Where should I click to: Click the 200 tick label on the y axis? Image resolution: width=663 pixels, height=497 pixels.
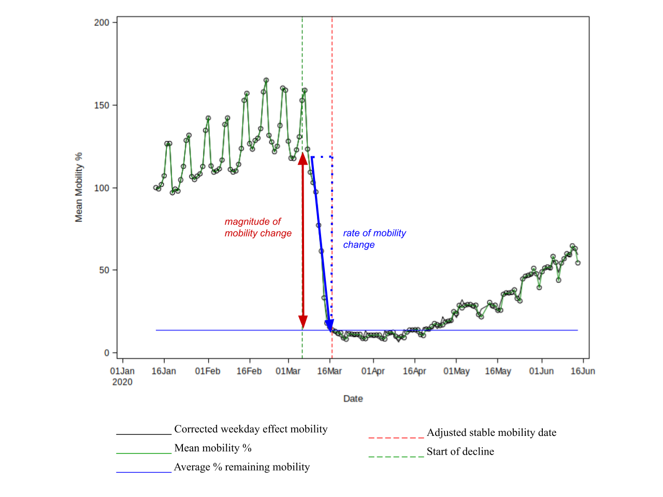[x=102, y=22]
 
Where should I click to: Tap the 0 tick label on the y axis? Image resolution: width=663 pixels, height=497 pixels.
[x=107, y=353]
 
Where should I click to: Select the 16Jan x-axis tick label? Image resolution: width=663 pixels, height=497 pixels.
[x=164, y=371]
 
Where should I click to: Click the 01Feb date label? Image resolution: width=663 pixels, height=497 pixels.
[x=208, y=371]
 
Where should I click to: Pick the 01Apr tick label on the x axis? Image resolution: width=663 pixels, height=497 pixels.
[x=373, y=371]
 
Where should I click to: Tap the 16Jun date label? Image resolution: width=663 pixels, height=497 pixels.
[x=583, y=371]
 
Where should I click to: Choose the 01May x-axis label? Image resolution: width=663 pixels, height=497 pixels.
[x=456, y=371]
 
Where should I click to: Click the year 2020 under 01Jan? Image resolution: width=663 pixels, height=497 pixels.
[x=122, y=382]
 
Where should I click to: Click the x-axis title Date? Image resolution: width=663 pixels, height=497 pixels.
[x=353, y=399]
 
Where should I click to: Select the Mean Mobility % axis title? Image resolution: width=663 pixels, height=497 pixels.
[x=79, y=187]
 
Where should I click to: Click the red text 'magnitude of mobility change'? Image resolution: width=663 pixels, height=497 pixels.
[x=258, y=227]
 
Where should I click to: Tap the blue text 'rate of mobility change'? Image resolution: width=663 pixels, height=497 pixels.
[x=374, y=239]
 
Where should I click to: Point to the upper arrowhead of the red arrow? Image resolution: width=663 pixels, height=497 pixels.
[x=303, y=158]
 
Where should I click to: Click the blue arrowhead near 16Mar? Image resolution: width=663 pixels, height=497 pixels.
[x=329, y=326]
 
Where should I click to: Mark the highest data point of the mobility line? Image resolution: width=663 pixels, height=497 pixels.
[x=266, y=80]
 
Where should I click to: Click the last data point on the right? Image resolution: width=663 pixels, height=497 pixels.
[x=578, y=263]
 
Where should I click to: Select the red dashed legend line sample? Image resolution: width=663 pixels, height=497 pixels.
[x=396, y=438]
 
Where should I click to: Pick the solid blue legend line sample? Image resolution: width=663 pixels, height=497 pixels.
[x=144, y=472]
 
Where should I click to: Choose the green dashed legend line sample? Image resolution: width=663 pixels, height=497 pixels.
[x=396, y=457]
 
